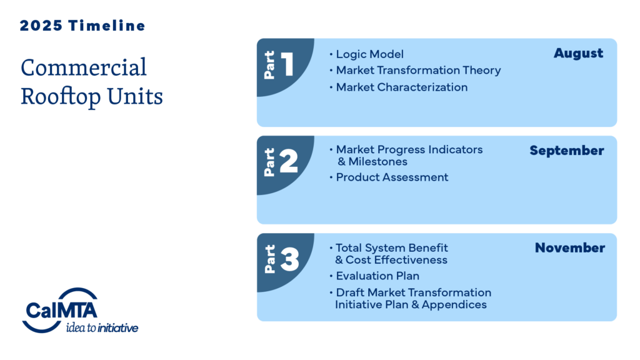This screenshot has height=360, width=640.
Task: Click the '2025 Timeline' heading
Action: click(x=82, y=26)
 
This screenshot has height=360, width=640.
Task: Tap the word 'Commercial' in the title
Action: click(x=84, y=67)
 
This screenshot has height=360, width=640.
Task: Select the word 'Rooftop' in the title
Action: click(x=61, y=96)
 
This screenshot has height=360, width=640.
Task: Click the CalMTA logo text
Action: click(x=62, y=310)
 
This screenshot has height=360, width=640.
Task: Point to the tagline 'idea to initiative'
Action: click(x=102, y=327)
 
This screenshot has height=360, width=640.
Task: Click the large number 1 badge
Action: click(x=287, y=64)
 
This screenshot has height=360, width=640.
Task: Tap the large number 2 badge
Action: click(x=289, y=161)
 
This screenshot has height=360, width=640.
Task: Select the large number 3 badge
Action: click(x=289, y=259)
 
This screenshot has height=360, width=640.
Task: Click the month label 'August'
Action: click(x=578, y=54)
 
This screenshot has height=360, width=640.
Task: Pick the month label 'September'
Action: click(x=567, y=151)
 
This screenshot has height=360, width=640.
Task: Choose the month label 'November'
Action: click(x=570, y=247)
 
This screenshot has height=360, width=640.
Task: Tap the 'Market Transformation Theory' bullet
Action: click(x=418, y=70)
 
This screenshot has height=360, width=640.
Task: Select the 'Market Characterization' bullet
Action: click(x=402, y=87)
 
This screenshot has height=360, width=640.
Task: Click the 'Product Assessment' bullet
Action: click(x=392, y=177)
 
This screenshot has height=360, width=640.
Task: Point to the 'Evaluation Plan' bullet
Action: click(x=377, y=276)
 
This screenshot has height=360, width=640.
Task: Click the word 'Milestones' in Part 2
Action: click(x=378, y=162)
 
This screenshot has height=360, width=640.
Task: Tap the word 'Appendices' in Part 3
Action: click(x=454, y=305)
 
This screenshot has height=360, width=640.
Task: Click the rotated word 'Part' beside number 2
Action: click(x=269, y=162)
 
